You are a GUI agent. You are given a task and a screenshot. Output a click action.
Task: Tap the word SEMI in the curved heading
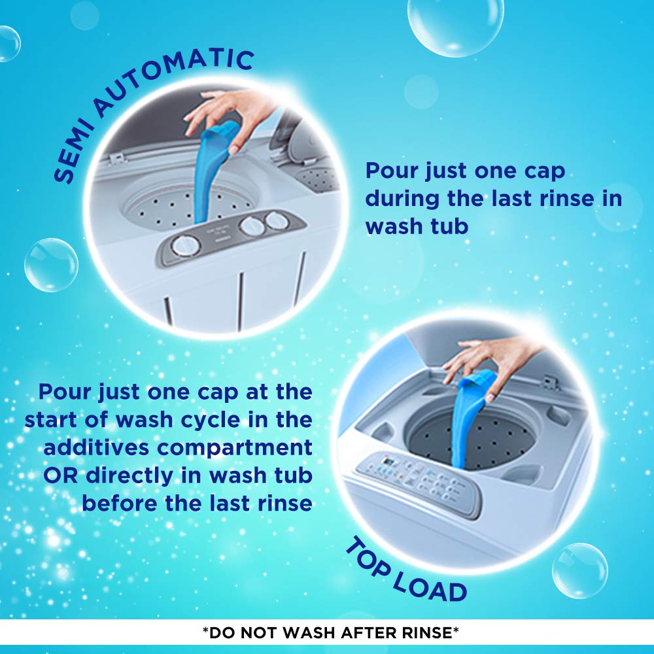pos(71,152)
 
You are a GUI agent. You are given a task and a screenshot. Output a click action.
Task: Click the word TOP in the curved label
pos(367,557)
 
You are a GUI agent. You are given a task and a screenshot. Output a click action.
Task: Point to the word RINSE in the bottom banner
pos(427,632)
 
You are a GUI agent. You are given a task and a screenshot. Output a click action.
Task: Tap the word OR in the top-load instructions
pos(60,475)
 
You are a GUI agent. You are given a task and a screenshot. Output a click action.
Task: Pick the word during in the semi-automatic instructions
pos(402,199)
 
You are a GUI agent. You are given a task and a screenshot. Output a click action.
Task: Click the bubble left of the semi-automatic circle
pos(51,265)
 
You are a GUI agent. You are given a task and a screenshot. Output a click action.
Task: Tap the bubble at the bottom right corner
pos(579,570)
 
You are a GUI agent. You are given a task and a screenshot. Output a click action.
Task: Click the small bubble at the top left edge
pos(9,44)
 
